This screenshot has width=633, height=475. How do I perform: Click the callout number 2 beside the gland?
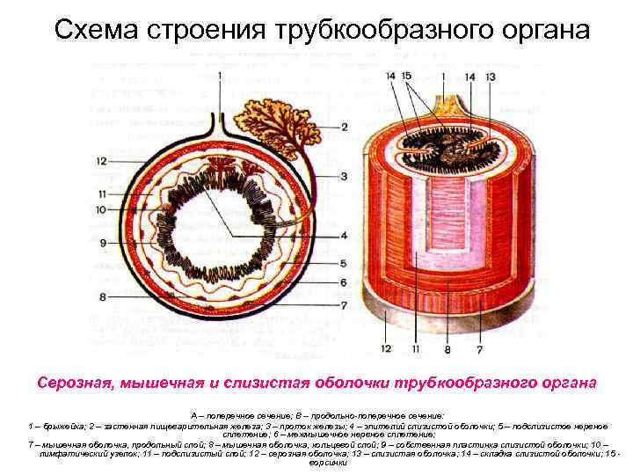(x=346, y=127)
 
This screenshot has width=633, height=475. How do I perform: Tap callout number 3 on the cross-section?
(x=346, y=176)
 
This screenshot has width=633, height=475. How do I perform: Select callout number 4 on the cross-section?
(x=346, y=235)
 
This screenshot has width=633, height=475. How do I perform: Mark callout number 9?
(x=103, y=242)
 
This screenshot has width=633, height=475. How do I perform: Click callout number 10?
(x=102, y=209)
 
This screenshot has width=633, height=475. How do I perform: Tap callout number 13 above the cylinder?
(x=491, y=77)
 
